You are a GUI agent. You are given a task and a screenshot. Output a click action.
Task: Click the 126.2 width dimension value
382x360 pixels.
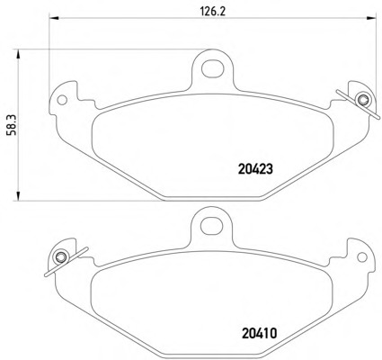coord(212,12)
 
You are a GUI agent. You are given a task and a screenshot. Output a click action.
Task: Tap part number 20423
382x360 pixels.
coord(256,169)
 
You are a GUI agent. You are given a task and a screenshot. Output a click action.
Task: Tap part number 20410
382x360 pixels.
coord(259,333)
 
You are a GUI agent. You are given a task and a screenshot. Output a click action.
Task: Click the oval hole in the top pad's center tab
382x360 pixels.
coord(213,68)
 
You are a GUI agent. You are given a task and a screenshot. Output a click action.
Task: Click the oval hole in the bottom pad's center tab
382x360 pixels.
coord(212,227)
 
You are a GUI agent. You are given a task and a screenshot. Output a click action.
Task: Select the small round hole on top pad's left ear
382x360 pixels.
coord(62,100)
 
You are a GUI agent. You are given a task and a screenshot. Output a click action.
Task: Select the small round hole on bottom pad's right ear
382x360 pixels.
coord(362,257)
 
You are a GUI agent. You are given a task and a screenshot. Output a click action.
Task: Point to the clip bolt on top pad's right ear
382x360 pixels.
coord(363,99)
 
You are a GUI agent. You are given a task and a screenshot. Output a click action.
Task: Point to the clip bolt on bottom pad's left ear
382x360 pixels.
coord(61,256)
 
